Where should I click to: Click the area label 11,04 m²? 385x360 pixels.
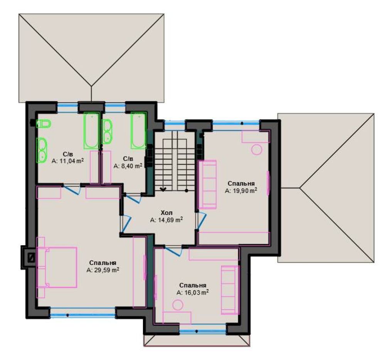coord(68,161)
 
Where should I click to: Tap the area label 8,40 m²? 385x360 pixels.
coord(128,166)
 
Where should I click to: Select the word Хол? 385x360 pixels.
coord(166,213)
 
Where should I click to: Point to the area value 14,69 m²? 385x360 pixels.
coord(166,220)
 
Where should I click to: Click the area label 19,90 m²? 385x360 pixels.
coord(241,191)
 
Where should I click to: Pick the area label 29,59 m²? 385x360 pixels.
coord(103,270)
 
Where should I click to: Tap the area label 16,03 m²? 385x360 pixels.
coord(193,292)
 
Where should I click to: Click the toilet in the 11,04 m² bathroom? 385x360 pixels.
coord(44,124)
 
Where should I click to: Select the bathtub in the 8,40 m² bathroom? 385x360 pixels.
coord(138,131)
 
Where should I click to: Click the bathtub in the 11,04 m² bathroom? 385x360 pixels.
coord(92,131)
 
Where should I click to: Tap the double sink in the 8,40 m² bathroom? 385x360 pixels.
coord(107,131)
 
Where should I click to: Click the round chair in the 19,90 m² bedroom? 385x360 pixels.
coord(257,150)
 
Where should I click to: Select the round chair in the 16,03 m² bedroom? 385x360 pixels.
coord(178,306)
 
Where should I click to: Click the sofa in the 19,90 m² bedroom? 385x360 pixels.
coord(207,184)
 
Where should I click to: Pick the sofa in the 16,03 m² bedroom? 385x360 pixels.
coord(230,290)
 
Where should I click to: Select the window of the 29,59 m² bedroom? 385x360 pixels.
coord(83,312)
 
